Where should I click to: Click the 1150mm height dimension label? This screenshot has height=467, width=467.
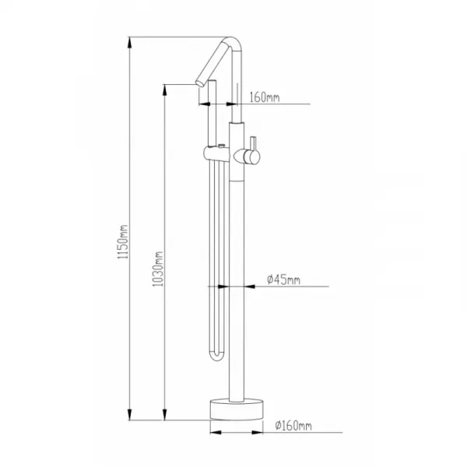point(123,241)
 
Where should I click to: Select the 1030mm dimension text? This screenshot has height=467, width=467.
point(158,269)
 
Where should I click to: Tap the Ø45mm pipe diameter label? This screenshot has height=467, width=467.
point(283,279)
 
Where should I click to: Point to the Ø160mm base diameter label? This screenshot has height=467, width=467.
point(293,426)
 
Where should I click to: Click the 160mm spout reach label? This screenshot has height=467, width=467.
point(265,97)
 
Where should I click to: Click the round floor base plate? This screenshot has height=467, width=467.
point(237,409)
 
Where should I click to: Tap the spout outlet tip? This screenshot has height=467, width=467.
point(199,83)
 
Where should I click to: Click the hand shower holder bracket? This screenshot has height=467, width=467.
point(216,153)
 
